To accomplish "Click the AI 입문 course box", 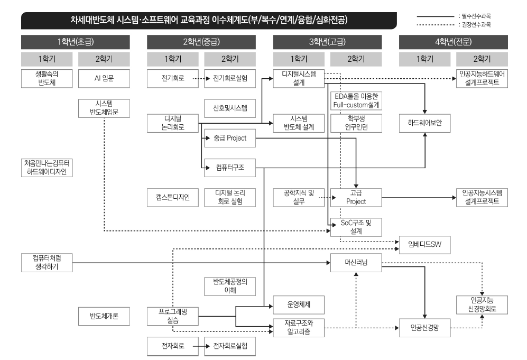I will [104, 79].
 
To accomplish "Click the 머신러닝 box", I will [356, 262].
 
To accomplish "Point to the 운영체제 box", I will [298, 305].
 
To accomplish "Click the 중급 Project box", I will [230, 140].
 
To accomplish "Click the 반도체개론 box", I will [104, 317].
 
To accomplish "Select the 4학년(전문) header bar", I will [453, 41].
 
